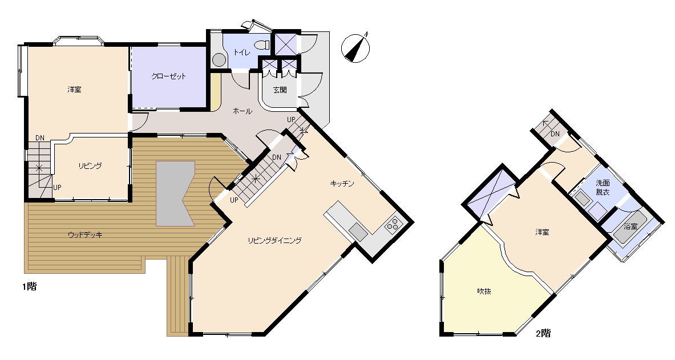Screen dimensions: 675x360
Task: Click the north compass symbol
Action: coord(355,47)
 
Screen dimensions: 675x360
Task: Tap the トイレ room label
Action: coord(241,52)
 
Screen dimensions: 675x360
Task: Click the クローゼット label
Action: coord(169,76)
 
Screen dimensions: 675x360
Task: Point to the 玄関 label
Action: coord(280,90)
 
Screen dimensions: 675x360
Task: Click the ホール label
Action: coord(242,111)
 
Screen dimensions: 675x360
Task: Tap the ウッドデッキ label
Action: coord(85,234)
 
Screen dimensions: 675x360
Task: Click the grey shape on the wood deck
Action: coord(175,193)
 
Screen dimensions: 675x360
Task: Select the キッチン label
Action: coord(342,184)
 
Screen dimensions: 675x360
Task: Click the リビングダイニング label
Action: coord(274,240)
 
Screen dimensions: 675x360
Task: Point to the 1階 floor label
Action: coord(29,286)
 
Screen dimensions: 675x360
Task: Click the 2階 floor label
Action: coord(543,333)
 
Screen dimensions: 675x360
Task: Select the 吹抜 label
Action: coord(484,291)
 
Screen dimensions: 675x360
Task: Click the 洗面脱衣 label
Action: coord(603,188)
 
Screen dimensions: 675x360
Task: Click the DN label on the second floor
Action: coord(555,134)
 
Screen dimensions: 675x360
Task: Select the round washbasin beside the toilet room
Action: coord(220,59)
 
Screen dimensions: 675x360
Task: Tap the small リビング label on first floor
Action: coord(90,166)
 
